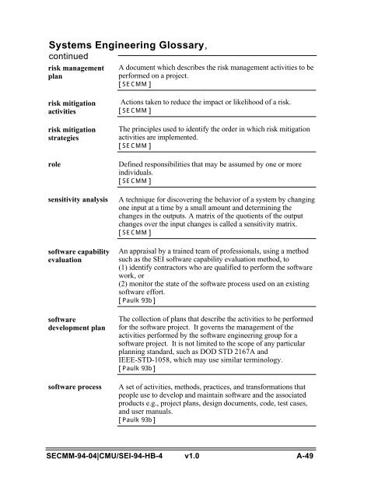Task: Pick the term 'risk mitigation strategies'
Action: (x=79, y=134)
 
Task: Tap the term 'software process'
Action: (x=84, y=387)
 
